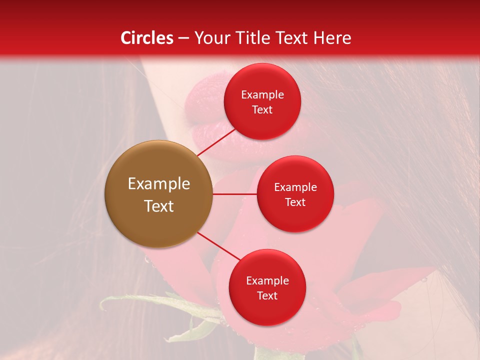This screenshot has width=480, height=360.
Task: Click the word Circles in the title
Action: click(x=147, y=38)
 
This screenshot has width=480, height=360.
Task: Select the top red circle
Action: click(x=262, y=122)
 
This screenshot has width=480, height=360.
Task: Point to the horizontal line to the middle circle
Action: click(x=234, y=194)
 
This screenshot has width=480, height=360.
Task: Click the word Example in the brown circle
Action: click(x=158, y=184)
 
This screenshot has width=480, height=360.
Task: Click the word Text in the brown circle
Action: click(x=158, y=206)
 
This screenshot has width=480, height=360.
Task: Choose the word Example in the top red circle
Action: click(x=262, y=95)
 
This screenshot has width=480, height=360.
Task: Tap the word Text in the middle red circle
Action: click(x=295, y=202)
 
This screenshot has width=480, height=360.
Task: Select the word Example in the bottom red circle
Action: click(x=267, y=281)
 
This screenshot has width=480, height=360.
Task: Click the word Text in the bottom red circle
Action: click(x=267, y=295)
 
